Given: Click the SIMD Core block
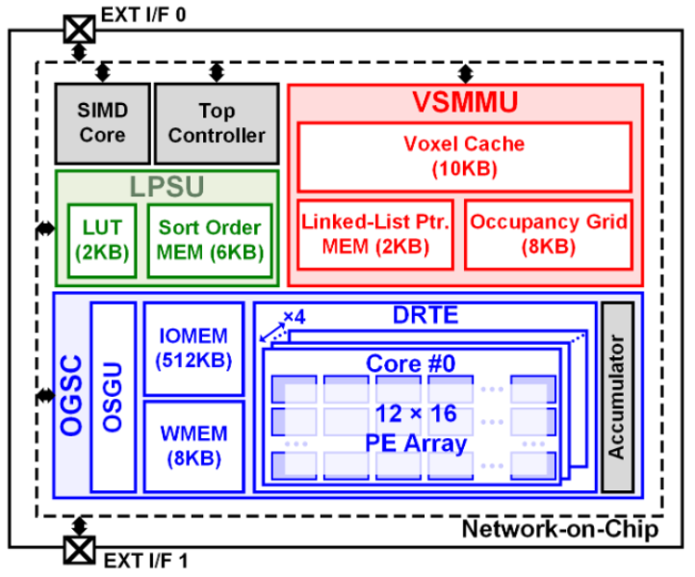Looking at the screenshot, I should [x=102, y=123].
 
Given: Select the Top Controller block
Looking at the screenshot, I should [x=217, y=123].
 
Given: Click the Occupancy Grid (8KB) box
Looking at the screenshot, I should [x=549, y=234].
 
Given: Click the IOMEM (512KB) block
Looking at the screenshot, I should [x=193, y=348].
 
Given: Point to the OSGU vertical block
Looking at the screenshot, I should [x=113, y=397].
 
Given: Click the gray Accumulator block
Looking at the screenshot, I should [x=617, y=397].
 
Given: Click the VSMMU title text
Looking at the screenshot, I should [x=465, y=102].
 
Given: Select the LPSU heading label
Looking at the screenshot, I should [x=167, y=187].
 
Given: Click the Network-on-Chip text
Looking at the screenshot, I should [x=560, y=529].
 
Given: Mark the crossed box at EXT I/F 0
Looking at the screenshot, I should [x=76, y=28].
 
